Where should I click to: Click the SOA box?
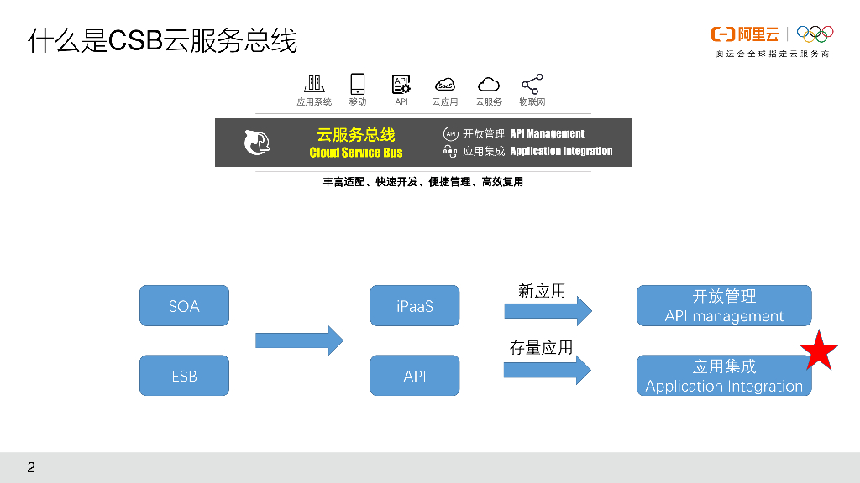point(184,305)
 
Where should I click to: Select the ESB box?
point(184,375)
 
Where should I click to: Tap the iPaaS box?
point(415,305)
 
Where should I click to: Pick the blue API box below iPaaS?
point(415,375)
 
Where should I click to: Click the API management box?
point(724,305)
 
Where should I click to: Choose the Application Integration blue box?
point(724,376)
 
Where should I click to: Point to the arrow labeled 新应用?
point(548,311)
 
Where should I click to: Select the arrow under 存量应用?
point(548,370)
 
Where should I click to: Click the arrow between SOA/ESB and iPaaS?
point(299,340)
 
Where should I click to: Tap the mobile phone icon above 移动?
point(358,84)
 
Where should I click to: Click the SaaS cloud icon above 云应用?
point(445,85)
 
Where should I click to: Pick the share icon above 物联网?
point(532,84)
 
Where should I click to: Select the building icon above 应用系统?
point(314,84)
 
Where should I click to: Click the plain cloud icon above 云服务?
point(489,85)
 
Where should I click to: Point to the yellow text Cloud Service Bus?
point(356,153)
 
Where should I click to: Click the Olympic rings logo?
point(815,34)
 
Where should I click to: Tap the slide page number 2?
point(31,468)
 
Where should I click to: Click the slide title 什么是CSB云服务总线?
point(162,41)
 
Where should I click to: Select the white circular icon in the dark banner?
point(257,143)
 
